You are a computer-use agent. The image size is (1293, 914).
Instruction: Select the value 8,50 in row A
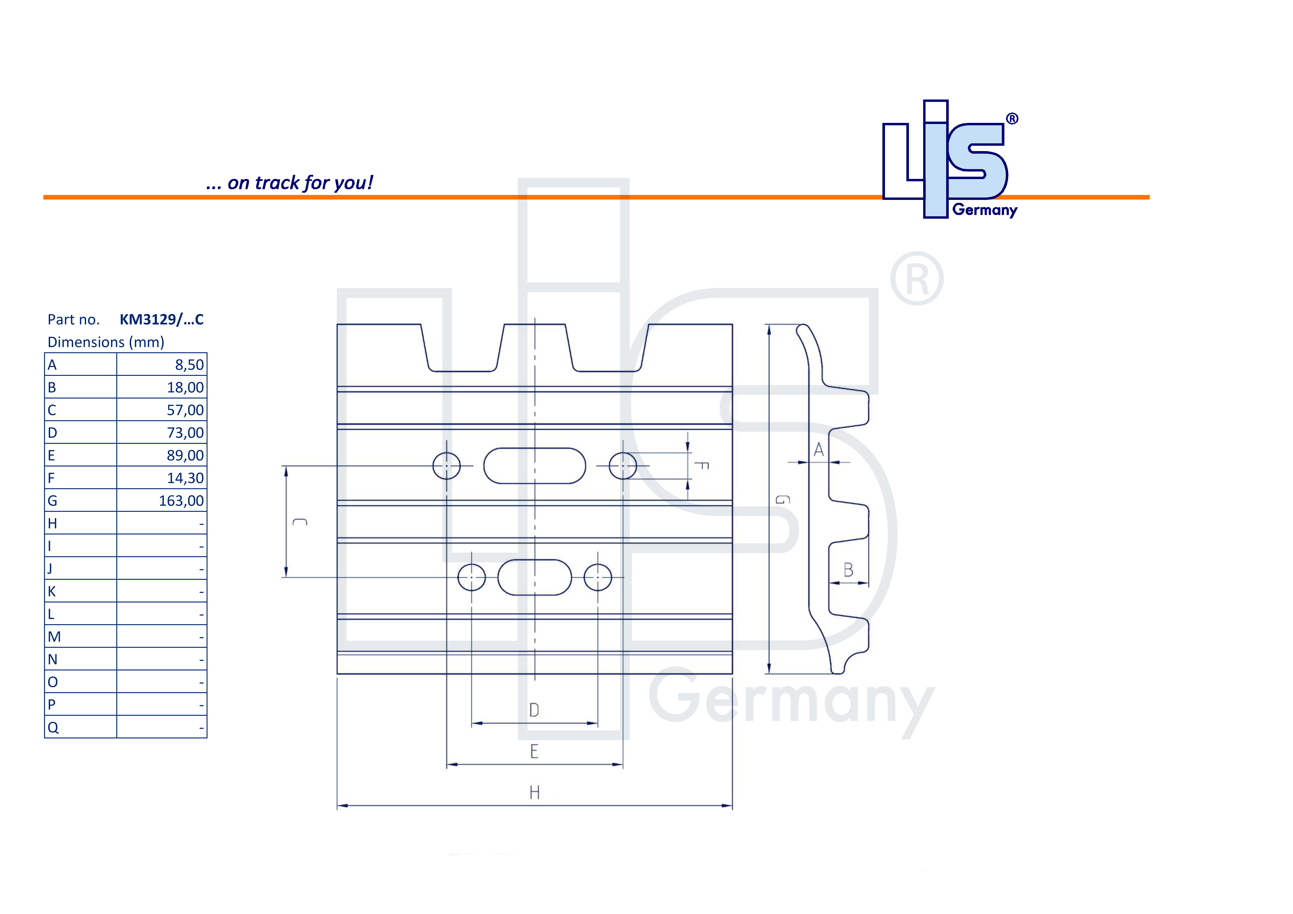point(189,365)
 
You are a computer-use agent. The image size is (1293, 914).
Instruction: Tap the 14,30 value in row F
point(185,478)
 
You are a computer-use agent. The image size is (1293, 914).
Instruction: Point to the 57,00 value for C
point(185,410)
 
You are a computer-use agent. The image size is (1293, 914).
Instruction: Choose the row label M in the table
point(54,637)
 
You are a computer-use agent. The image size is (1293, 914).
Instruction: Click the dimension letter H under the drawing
point(534,793)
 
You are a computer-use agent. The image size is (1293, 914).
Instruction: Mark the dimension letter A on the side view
point(819,449)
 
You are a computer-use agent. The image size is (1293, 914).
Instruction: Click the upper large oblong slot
point(534,466)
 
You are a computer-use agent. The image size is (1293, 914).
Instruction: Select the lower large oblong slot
point(534,577)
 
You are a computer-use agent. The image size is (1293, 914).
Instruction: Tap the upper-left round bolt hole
point(447,466)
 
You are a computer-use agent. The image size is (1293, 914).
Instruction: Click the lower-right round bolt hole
point(597,577)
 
